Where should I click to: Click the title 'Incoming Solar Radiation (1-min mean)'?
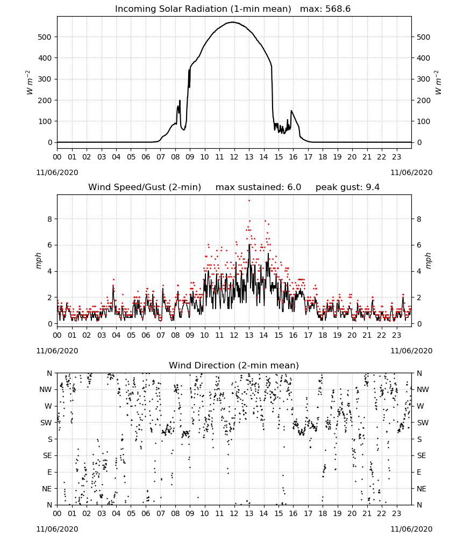point(203,9)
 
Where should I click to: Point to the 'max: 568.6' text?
point(325,9)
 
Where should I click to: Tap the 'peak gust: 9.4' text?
point(348,187)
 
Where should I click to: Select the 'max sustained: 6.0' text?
point(258,187)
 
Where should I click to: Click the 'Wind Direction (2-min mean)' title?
point(234,365)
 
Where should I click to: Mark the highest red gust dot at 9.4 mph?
point(249,201)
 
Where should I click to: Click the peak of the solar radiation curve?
point(233,22)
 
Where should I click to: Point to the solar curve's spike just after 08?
point(180,101)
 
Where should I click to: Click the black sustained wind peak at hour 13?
point(249,244)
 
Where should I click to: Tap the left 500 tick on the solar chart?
point(45,37)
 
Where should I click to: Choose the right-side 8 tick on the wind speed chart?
point(419,219)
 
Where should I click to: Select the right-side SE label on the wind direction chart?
point(422,456)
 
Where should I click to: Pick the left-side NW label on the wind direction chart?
point(46,390)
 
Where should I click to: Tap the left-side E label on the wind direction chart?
point(49,472)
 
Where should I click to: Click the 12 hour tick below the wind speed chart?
point(234,335)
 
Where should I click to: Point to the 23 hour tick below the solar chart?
point(397,157)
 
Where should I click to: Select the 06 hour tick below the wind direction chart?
point(146,514)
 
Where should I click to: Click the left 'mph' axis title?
point(39,260)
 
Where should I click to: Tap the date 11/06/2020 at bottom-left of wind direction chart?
point(57,529)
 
